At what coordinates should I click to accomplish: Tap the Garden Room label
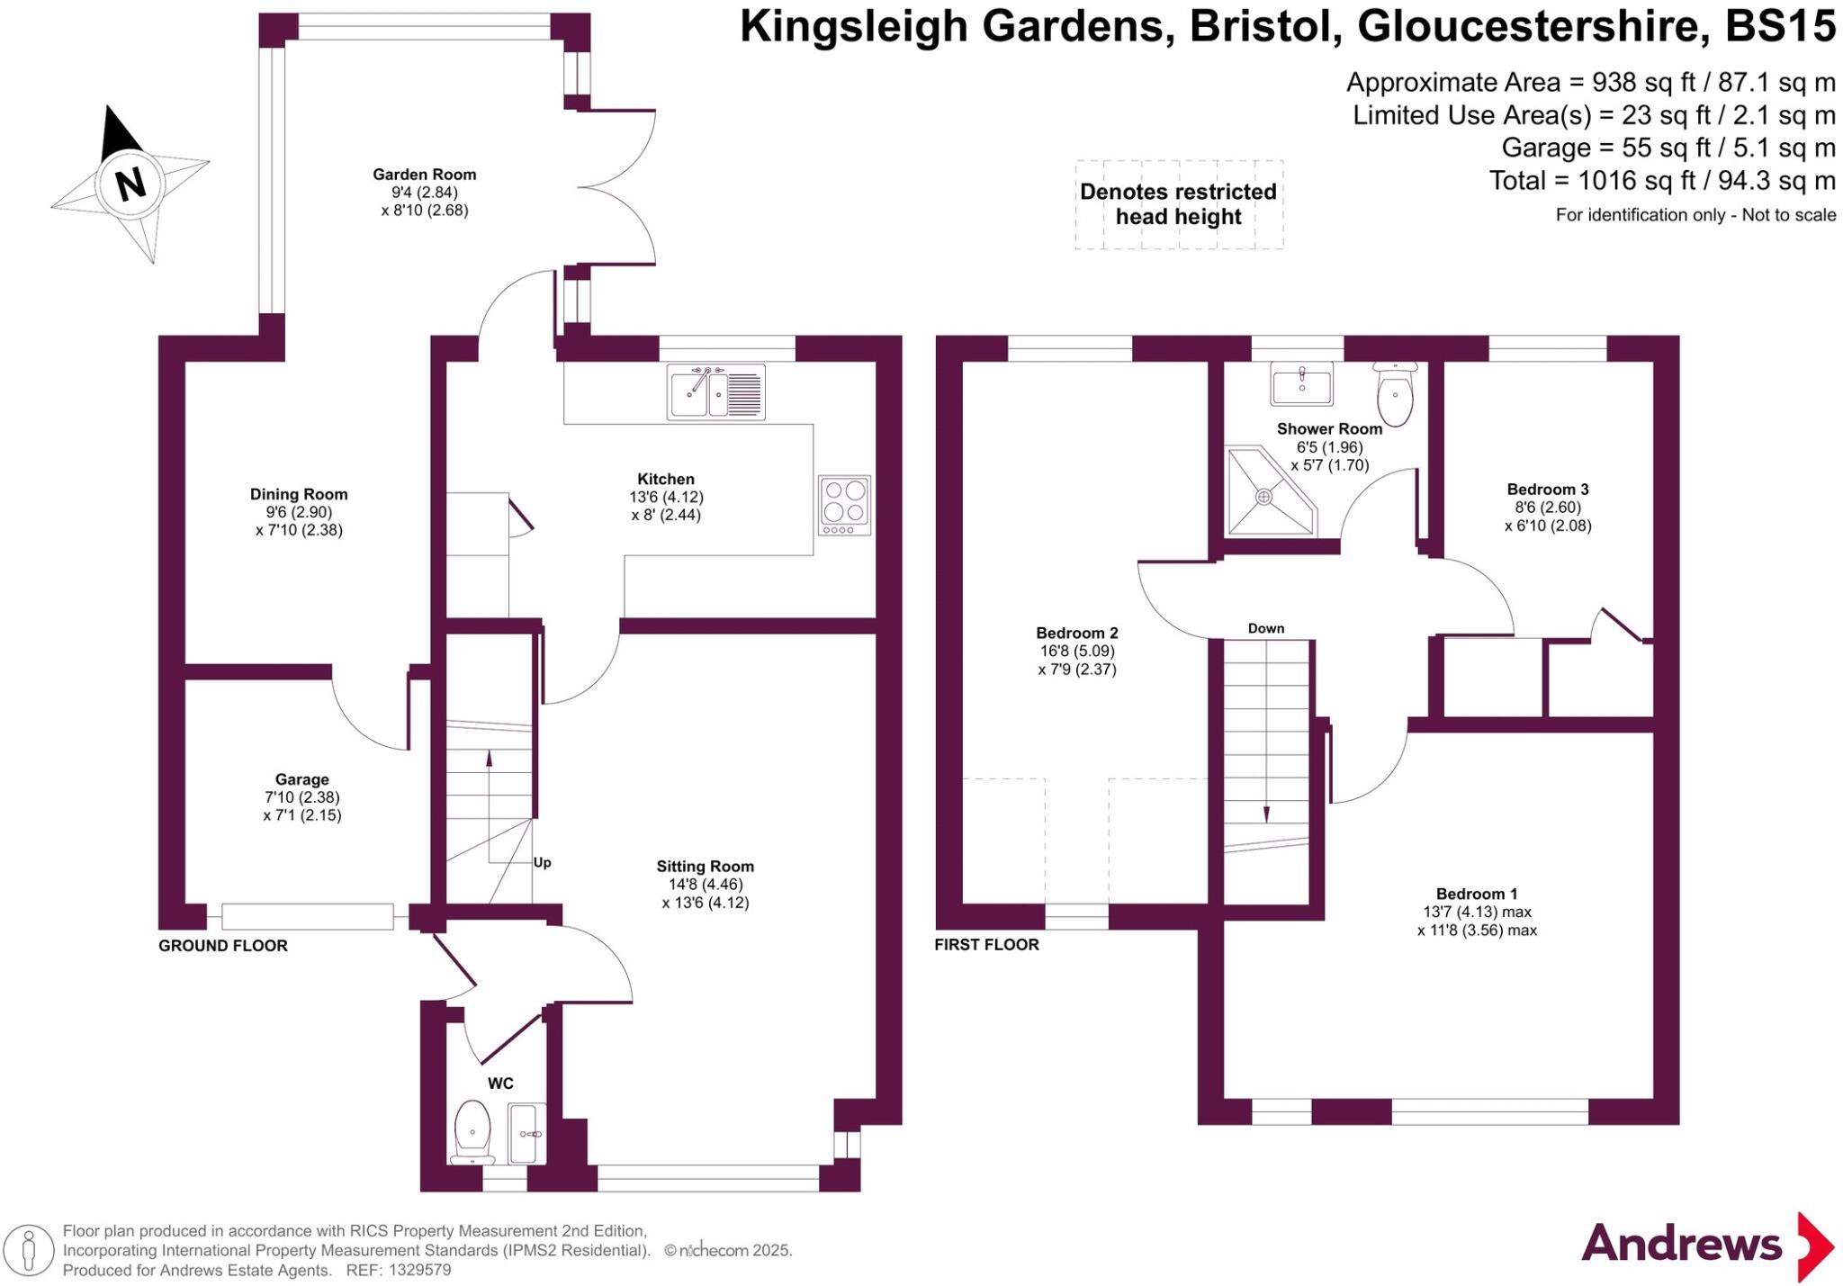[425, 175]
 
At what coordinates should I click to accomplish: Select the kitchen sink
[716, 391]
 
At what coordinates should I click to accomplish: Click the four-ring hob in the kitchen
[845, 505]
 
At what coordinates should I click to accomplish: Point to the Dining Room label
[299, 494]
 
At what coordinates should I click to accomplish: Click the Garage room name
[302, 779]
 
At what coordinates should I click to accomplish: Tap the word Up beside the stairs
[542, 862]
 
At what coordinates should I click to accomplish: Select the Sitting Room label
[706, 867]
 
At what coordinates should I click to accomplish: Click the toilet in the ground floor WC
[472, 1132]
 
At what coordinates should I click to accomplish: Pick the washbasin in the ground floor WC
[527, 1134]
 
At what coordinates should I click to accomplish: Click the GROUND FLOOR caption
[223, 946]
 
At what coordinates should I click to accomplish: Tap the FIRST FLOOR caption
[986, 945]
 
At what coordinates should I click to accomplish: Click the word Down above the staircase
[1266, 628]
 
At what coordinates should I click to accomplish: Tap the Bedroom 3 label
[1548, 490]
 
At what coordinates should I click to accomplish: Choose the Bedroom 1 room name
[1477, 894]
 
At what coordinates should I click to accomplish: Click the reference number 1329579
[419, 1271]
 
